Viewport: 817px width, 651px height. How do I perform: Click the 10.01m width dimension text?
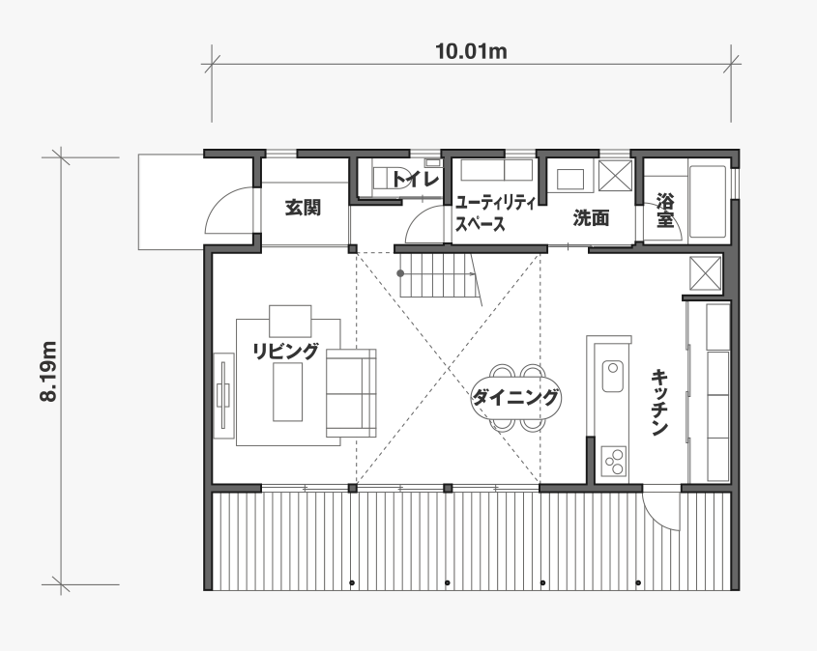(471, 51)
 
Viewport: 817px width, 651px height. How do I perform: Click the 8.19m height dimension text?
(48, 371)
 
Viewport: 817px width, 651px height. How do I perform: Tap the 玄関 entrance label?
(303, 209)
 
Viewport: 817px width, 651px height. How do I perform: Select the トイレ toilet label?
(415, 180)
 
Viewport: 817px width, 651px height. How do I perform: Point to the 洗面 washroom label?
(592, 218)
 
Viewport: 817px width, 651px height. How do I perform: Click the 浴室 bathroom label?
(665, 210)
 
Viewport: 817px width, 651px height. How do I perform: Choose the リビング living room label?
(285, 351)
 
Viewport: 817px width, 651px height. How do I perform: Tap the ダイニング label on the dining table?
(514, 398)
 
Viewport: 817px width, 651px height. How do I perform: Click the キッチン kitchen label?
(659, 402)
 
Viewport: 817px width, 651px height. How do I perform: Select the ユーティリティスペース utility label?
(495, 213)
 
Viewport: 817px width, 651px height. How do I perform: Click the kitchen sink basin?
(612, 376)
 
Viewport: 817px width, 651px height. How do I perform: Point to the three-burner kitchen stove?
(613, 461)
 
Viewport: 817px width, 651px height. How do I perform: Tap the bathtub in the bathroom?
(708, 202)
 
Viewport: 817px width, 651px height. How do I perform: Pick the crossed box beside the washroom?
(615, 176)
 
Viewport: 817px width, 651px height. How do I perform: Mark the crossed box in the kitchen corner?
(706, 272)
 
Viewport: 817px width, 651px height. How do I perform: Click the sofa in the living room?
(351, 393)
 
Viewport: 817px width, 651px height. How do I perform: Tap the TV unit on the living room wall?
(224, 395)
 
